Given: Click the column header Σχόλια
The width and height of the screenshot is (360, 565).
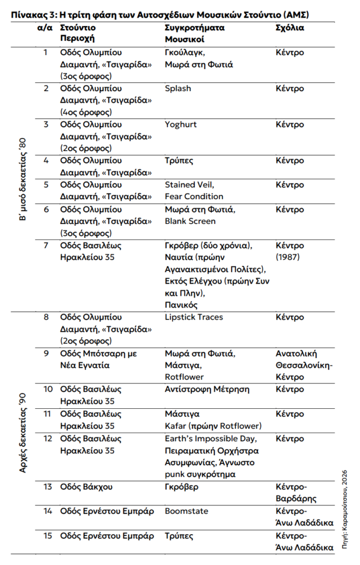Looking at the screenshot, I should [289, 27].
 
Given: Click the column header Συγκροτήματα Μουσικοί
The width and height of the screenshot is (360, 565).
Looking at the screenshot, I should [195, 33].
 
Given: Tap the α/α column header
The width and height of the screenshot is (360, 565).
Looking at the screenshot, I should [45, 27].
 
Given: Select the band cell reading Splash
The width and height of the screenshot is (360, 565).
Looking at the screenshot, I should [178, 88].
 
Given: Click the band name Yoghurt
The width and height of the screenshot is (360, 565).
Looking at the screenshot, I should [180, 124].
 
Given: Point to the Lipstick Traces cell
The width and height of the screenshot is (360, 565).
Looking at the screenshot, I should [195, 318].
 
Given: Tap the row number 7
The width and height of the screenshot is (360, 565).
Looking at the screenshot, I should [46, 246].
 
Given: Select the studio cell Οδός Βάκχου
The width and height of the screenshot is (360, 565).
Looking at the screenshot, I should [86, 487].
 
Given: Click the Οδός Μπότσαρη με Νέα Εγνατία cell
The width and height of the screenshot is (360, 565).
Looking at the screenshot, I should [98, 359].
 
